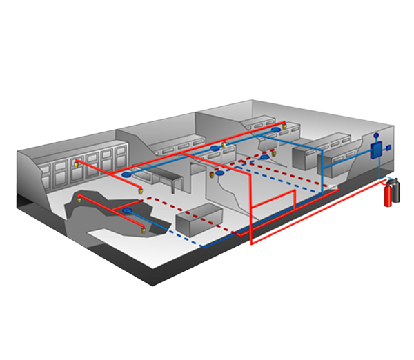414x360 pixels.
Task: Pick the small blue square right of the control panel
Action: coord(389,148)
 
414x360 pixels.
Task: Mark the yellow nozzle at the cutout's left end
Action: coord(79,199)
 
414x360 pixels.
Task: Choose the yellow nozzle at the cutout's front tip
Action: coord(143,228)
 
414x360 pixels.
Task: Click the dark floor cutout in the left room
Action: coord(103,210)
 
